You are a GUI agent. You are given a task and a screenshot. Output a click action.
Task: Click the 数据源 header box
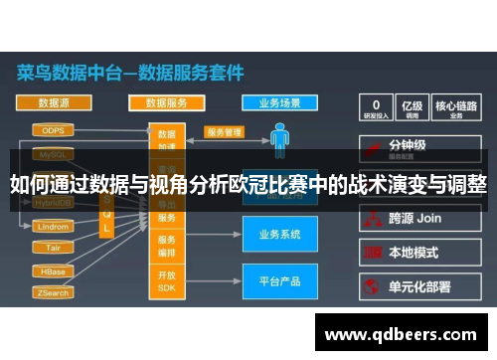pos(54,102)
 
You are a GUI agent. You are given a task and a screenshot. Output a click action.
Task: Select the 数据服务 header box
pos(167,102)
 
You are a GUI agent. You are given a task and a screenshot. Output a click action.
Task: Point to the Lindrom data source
pos(53,227)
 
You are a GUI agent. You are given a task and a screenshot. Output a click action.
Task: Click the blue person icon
pos(280,138)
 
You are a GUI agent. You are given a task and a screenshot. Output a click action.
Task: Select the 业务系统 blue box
pos(279,235)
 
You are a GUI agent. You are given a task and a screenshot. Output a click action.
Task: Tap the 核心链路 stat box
pos(458,107)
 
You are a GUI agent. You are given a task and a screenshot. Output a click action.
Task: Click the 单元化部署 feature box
pos(418,286)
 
